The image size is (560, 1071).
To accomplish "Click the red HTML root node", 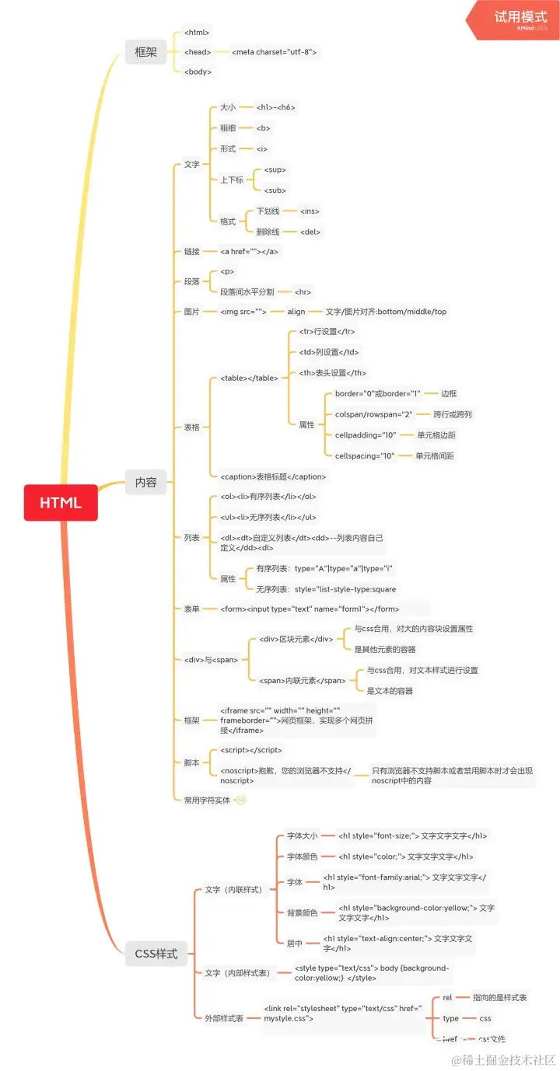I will click(61, 502).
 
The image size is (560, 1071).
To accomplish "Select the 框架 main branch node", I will click(145, 52).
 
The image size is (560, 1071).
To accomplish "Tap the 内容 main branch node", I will click(145, 482).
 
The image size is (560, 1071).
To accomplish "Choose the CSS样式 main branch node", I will click(156, 954).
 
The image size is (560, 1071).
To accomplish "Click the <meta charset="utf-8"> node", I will click(274, 52).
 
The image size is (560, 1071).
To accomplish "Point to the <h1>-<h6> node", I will click(275, 107).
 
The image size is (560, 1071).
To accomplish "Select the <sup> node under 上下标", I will click(275, 169).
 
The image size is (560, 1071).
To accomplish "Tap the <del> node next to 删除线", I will click(310, 232).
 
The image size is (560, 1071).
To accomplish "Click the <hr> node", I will click(303, 292).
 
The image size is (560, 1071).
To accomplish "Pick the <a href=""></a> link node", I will click(249, 252).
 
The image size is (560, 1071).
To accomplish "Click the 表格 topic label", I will click(191, 427).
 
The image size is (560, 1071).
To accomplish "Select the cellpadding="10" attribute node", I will click(366, 435).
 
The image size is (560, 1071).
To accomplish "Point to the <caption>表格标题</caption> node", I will click(273, 476).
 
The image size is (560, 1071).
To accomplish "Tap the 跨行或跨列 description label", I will click(453, 414).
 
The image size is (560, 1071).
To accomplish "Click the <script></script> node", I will click(251, 750).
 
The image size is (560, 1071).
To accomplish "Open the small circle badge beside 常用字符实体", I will click(241, 800).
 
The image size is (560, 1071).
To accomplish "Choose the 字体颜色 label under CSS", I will click(302, 856).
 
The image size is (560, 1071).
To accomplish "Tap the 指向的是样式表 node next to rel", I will click(499, 997).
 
